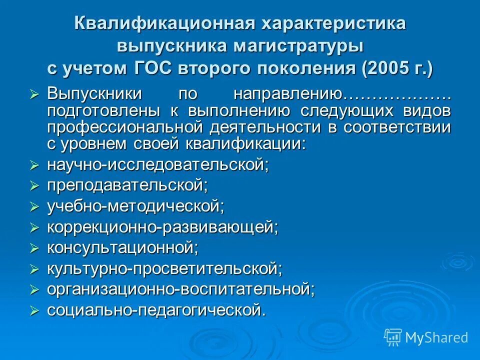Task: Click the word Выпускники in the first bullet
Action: [x=94, y=94]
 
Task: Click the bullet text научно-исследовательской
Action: [x=157, y=164]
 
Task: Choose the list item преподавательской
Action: [x=127, y=185]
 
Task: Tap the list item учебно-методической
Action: [x=135, y=206]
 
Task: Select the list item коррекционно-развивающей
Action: [x=162, y=227]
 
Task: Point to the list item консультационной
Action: [x=122, y=247]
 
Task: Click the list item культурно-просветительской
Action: [x=164, y=268]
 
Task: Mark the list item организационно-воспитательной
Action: [x=180, y=289]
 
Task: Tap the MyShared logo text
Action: [x=436, y=337]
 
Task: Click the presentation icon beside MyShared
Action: [x=393, y=337]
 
